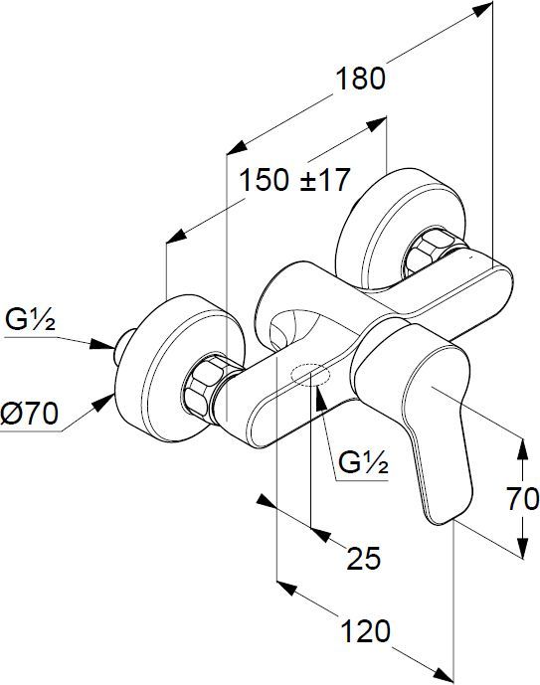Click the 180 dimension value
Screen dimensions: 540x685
click(360, 79)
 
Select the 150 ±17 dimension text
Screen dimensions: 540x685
click(295, 180)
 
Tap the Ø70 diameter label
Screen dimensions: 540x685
click(29, 414)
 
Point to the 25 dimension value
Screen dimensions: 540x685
click(364, 558)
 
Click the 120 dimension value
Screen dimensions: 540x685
click(365, 631)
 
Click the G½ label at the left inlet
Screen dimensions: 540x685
click(30, 320)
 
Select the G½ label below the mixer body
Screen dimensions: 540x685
click(363, 462)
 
